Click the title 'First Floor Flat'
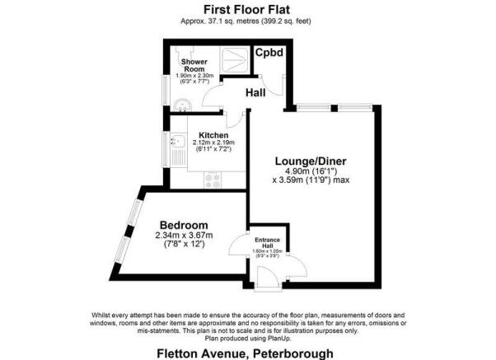click(x=247, y=8)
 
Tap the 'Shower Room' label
click(x=195, y=65)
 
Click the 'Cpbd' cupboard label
click(x=269, y=54)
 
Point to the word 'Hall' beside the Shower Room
click(x=256, y=93)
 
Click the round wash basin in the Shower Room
click(x=183, y=102)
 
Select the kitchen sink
click(x=175, y=147)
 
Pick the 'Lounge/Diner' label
click(x=305, y=161)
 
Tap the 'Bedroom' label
click(x=183, y=225)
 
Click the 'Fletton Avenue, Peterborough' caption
click(x=248, y=352)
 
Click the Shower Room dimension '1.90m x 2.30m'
click(x=195, y=76)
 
